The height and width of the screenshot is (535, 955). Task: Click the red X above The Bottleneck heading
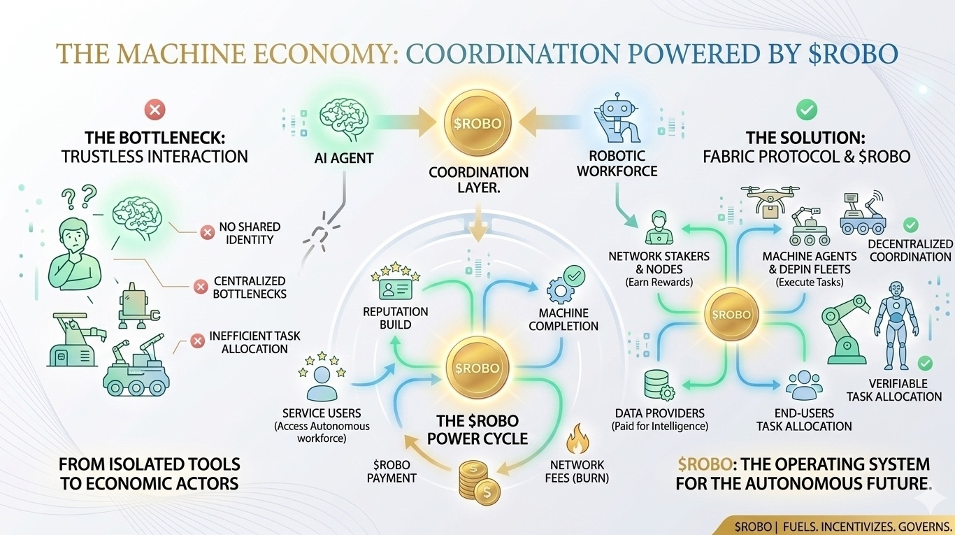[154, 109]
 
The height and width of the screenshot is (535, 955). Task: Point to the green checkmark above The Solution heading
[807, 109]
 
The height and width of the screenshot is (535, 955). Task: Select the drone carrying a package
[769, 197]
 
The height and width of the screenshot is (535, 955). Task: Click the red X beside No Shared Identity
[207, 233]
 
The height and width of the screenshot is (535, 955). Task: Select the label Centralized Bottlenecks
[250, 287]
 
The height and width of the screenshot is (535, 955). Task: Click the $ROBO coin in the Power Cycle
[477, 368]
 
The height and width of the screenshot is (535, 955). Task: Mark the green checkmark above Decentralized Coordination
[910, 225]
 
